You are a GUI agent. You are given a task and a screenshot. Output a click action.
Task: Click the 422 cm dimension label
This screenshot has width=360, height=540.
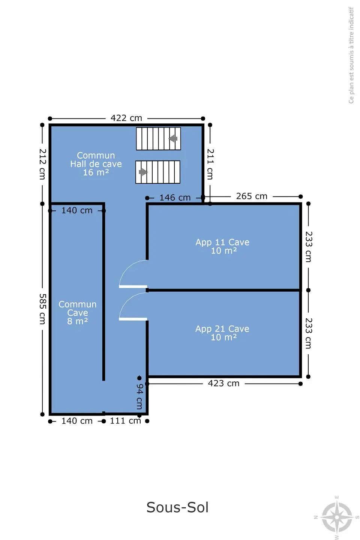pos(126,118)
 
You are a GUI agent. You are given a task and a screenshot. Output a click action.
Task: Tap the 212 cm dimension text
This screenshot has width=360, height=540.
pos(42,164)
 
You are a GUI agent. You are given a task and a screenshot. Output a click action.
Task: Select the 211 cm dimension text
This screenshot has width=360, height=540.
pos(210,164)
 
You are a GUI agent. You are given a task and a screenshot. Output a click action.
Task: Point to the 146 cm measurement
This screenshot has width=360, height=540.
pos(175,198)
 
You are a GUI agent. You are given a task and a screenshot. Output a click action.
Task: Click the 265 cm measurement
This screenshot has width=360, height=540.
pos(252,196)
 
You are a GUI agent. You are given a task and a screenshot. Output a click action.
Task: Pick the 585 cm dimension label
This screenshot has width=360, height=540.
pos(42,309)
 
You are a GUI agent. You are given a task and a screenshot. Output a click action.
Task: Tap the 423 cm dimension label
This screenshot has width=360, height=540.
pos(223,383)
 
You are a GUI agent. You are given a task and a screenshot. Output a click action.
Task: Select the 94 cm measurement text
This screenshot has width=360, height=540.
pos(139,396)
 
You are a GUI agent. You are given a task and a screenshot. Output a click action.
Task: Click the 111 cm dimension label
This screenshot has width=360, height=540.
pos(125,421)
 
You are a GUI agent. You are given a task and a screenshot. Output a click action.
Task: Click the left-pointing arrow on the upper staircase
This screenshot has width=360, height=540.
pos(173,139)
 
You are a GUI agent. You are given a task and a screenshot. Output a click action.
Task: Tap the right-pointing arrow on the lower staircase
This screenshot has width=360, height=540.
pos(143,172)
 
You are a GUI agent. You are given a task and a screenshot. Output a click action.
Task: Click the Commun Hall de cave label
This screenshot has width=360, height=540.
pos(96,164)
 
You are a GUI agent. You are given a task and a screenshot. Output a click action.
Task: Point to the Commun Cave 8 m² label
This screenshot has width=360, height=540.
pos(77,313)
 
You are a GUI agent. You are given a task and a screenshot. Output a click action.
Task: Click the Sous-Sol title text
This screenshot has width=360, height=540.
pos(177,507)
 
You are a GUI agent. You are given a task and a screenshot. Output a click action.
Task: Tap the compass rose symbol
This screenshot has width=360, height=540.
pos(337,517)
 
